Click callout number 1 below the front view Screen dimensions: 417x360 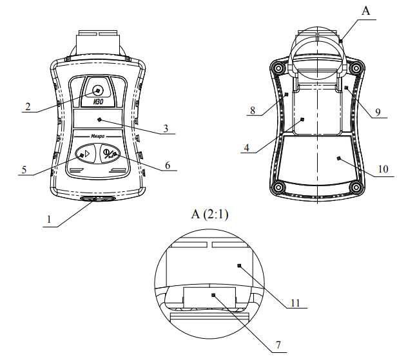pyautogui.click(x=49, y=220)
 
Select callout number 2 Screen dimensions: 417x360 pyautogui.click(x=28, y=107)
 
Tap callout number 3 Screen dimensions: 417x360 pyautogui.click(x=166, y=129)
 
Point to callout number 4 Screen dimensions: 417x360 pyautogui.click(x=247, y=147)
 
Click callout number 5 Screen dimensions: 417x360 pyautogui.click(x=24, y=170)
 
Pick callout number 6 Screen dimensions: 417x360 pyautogui.click(x=168, y=166)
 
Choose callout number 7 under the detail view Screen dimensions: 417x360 pyautogui.click(x=278, y=345)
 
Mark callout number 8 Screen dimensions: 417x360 pyautogui.click(x=253, y=110)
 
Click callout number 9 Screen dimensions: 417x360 pyautogui.click(x=378, y=113)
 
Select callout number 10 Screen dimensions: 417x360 pyautogui.click(x=383, y=169)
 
